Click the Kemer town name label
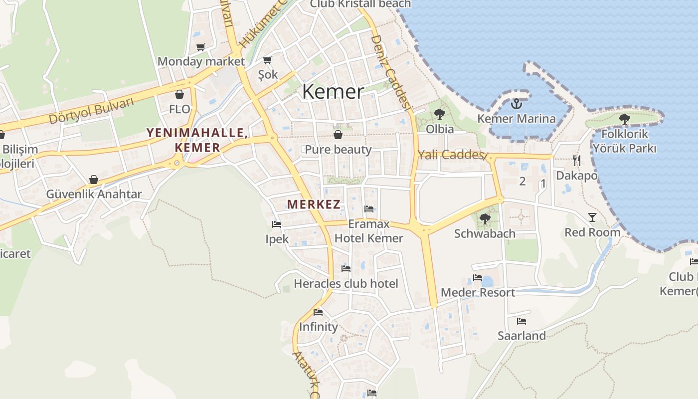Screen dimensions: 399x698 point(333,92)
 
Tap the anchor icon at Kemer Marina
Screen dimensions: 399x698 point(517,104)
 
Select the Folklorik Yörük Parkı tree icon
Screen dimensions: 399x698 point(624,119)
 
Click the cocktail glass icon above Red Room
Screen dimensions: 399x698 point(592,217)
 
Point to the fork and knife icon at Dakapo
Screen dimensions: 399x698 point(576,160)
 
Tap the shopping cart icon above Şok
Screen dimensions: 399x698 point(268,60)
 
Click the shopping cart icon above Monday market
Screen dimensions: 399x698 point(201,47)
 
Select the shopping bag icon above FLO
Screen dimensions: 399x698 point(179,94)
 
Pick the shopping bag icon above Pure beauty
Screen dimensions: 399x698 point(338,135)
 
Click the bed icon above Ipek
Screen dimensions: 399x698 point(277,224)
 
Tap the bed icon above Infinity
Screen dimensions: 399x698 point(318,312)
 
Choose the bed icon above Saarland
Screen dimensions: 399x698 point(522,321)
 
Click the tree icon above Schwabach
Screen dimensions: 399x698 point(485,218)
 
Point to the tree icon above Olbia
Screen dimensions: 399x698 point(439,114)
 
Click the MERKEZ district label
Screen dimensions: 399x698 point(314,204)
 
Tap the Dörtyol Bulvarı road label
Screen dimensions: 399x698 point(92,111)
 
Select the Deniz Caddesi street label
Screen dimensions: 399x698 point(391,72)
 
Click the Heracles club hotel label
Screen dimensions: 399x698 point(346,284)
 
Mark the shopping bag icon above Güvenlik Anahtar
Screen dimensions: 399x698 point(94,180)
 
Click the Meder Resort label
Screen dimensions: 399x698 point(478,292)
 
